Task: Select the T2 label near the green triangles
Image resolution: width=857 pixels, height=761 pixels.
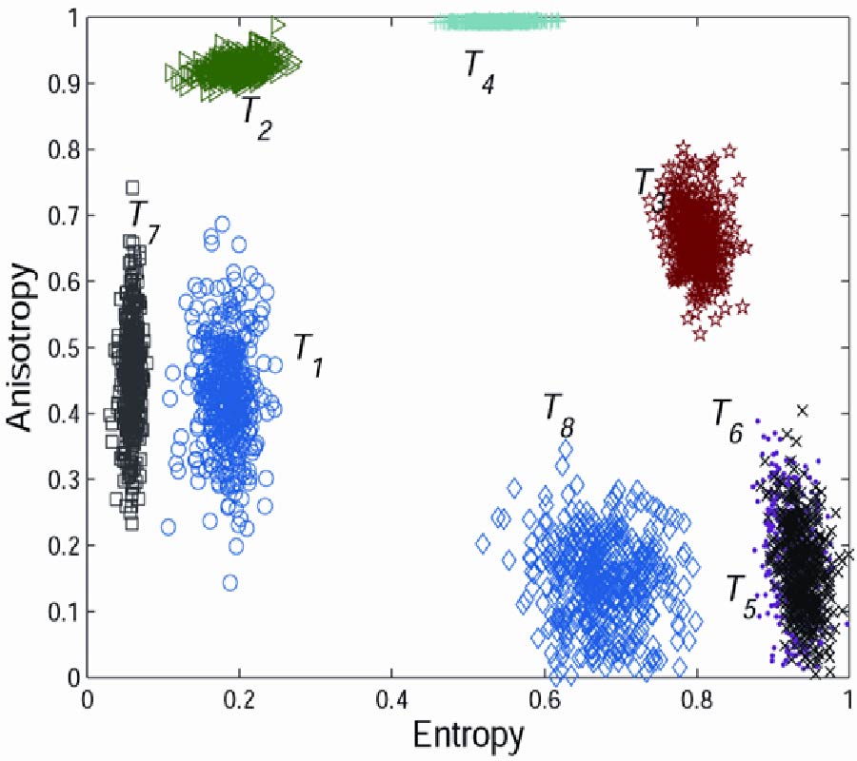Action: tap(255, 116)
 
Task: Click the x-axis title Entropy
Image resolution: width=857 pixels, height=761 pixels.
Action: tap(468, 735)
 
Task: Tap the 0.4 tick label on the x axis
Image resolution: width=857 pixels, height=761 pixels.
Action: tap(391, 697)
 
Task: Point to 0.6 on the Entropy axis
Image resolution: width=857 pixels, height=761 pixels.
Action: tap(544, 697)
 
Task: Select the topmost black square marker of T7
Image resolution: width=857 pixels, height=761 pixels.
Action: tap(132, 187)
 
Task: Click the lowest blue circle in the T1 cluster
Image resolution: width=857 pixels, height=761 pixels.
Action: tap(229, 583)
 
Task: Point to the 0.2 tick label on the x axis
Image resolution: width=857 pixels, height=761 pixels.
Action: tap(239, 697)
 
